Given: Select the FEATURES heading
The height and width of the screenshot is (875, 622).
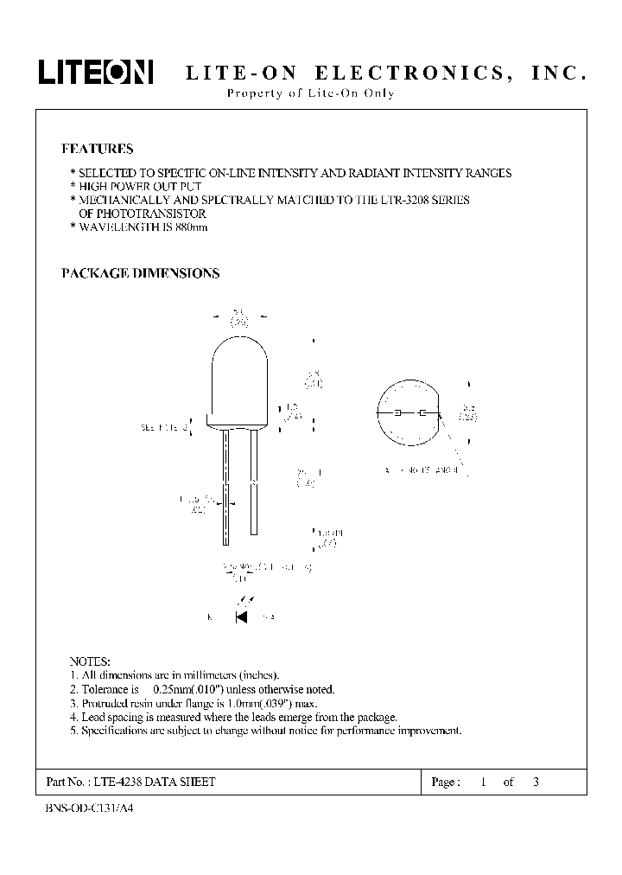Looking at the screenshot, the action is [x=97, y=149].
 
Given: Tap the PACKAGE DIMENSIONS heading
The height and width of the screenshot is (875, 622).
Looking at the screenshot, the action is [x=140, y=273].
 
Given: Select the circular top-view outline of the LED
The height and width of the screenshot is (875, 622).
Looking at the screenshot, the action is [x=410, y=413].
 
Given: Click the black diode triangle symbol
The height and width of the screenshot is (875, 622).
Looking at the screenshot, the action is [x=242, y=616].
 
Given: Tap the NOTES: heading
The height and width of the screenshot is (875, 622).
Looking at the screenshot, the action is [x=89, y=660].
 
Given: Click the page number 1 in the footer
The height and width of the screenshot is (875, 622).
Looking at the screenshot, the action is [x=485, y=782].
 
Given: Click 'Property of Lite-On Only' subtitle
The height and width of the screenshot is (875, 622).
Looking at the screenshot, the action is [x=310, y=93].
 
